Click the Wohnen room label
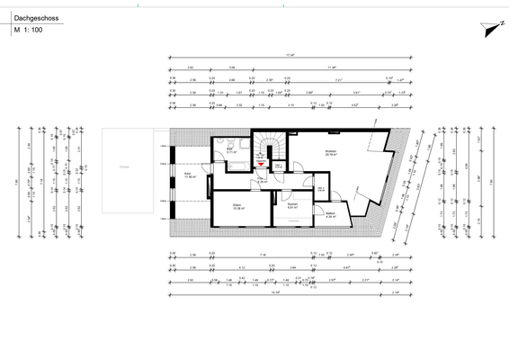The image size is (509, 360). [x=330, y=150]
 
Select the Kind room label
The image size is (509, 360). [x=189, y=174]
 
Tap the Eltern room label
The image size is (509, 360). [x=237, y=207]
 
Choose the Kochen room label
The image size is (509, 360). [x=293, y=205]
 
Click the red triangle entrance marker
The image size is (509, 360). [x=262, y=164]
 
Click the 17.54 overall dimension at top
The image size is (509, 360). [x=290, y=58]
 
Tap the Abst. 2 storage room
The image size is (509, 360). [x=321, y=188]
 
